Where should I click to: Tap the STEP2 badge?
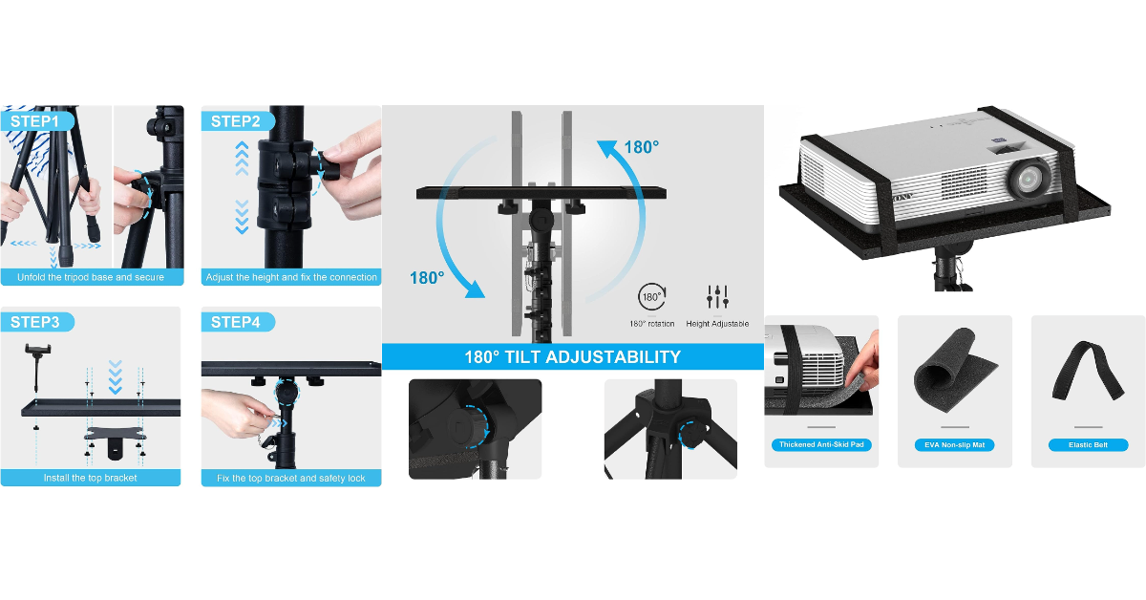point(236,121)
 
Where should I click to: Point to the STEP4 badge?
point(236,322)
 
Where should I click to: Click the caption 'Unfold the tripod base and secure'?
point(90,277)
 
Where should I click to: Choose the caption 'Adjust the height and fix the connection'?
point(291,277)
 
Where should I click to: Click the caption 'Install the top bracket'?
point(90,477)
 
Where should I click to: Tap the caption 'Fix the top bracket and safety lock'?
point(291,477)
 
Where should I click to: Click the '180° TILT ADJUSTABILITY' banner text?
point(572,357)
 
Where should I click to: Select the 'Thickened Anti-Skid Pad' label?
point(821,445)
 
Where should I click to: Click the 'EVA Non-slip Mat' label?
point(954,445)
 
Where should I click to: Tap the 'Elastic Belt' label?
point(1088,445)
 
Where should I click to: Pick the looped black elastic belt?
point(1087,372)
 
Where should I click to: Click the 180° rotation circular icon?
point(651,297)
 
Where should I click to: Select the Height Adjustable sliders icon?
point(717,297)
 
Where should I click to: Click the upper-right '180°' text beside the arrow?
point(641,147)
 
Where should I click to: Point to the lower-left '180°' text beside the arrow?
point(427,278)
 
